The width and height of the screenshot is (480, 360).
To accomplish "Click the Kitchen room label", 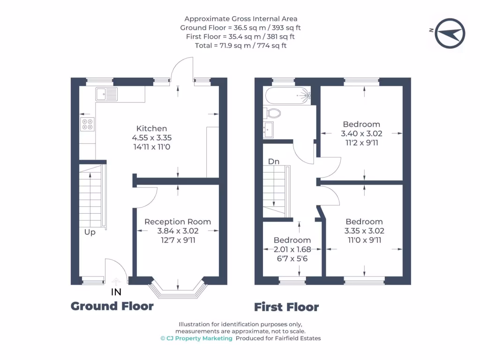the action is click(151, 128).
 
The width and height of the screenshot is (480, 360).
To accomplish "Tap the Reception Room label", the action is click(178, 222).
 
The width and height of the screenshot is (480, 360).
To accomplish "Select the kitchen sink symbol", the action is click(106, 94).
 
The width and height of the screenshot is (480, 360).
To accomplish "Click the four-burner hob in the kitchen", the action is click(87, 124).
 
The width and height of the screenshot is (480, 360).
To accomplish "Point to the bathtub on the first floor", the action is click(287, 96).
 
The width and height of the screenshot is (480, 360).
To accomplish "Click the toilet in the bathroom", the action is click(272, 113).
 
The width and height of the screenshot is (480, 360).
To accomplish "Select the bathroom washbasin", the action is click(269, 130).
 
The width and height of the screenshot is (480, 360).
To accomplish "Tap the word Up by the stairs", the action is click(90, 232).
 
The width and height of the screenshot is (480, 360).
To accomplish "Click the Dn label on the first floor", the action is click(274, 161).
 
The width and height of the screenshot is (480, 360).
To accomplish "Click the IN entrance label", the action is click(116, 292).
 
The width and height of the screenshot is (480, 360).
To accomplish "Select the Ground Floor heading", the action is click(112, 306).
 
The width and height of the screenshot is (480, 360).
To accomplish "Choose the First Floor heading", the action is click(286, 307).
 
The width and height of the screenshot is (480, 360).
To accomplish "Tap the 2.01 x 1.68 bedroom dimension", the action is click(292, 249).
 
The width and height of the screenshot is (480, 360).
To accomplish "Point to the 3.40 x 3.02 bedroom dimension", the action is click(361, 134).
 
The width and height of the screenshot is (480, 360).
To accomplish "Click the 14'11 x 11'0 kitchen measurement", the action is click(152, 147).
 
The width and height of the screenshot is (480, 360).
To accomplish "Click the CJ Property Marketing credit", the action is click(196, 338).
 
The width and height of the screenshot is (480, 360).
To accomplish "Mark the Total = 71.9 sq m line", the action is click(240, 45).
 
